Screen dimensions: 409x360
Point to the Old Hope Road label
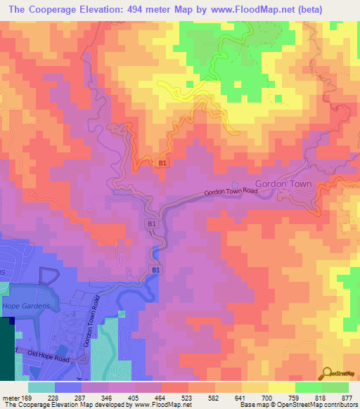51,353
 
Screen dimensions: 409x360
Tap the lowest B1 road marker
156,270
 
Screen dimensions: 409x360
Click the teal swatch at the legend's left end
41,387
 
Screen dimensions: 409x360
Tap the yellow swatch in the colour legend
281,387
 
